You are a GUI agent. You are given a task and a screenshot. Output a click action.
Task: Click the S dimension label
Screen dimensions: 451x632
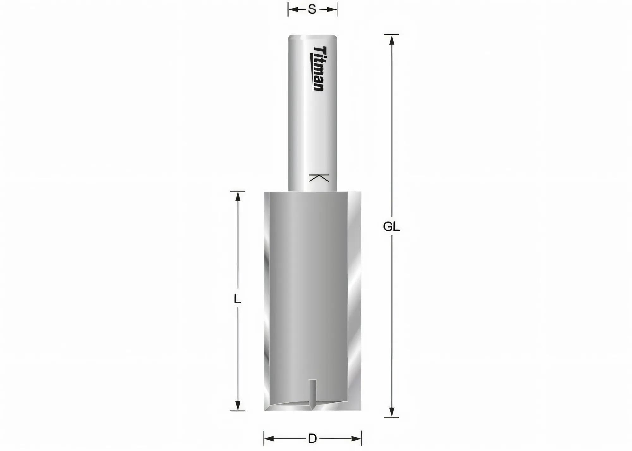312,10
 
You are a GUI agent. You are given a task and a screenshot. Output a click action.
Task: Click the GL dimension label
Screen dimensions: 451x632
391,227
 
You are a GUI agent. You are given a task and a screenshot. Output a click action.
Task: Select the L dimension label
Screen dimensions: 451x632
237,299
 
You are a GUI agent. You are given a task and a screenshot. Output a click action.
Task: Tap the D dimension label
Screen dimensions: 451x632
312,438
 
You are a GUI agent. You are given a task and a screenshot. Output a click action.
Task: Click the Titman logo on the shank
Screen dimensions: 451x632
318,69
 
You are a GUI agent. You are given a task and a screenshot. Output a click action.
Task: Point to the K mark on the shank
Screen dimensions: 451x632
318,178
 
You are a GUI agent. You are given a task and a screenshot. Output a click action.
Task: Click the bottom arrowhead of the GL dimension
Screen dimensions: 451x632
392,412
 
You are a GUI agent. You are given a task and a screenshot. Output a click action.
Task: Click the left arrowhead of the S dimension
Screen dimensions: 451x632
293,10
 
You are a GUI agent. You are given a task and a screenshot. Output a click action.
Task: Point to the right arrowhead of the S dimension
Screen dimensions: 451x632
332,10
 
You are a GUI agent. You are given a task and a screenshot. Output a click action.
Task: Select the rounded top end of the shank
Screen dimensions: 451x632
312,37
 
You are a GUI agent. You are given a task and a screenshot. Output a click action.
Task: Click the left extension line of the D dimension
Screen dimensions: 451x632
264,438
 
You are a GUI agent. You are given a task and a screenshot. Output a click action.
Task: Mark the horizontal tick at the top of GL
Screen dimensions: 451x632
392,35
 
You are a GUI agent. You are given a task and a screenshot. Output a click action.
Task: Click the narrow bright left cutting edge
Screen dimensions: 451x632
267,300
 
